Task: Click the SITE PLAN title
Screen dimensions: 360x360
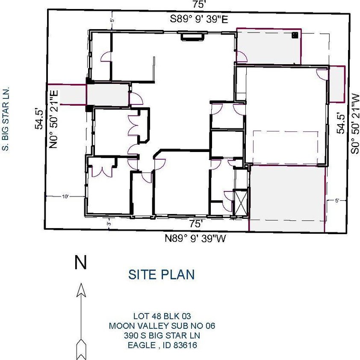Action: [x=162, y=274]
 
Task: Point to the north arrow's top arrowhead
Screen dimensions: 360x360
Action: [x=81, y=290]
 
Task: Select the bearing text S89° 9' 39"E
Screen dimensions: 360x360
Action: [x=199, y=19]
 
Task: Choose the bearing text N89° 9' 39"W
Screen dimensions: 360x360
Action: [x=195, y=238]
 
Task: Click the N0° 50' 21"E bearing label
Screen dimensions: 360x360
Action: [x=53, y=119]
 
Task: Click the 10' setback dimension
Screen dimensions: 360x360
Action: [x=65, y=196]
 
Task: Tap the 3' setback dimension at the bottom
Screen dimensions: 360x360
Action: [x=109, y=223]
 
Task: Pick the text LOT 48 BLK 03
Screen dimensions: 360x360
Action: [x=162, y=316]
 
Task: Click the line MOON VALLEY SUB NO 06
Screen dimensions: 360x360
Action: [x=162, y=326]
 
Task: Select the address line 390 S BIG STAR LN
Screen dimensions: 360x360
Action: [x=162, y=336]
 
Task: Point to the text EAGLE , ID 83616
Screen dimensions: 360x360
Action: [x=162, y=345]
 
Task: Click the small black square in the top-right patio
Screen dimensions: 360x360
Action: [x=295, y=35]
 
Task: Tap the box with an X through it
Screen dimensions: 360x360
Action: [x=240, y=203]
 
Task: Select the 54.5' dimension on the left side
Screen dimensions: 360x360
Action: [x=39, y=119]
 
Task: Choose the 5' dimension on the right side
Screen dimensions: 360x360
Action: [x=337, y=201]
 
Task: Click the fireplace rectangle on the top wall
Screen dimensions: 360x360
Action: [x=192, y=36]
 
